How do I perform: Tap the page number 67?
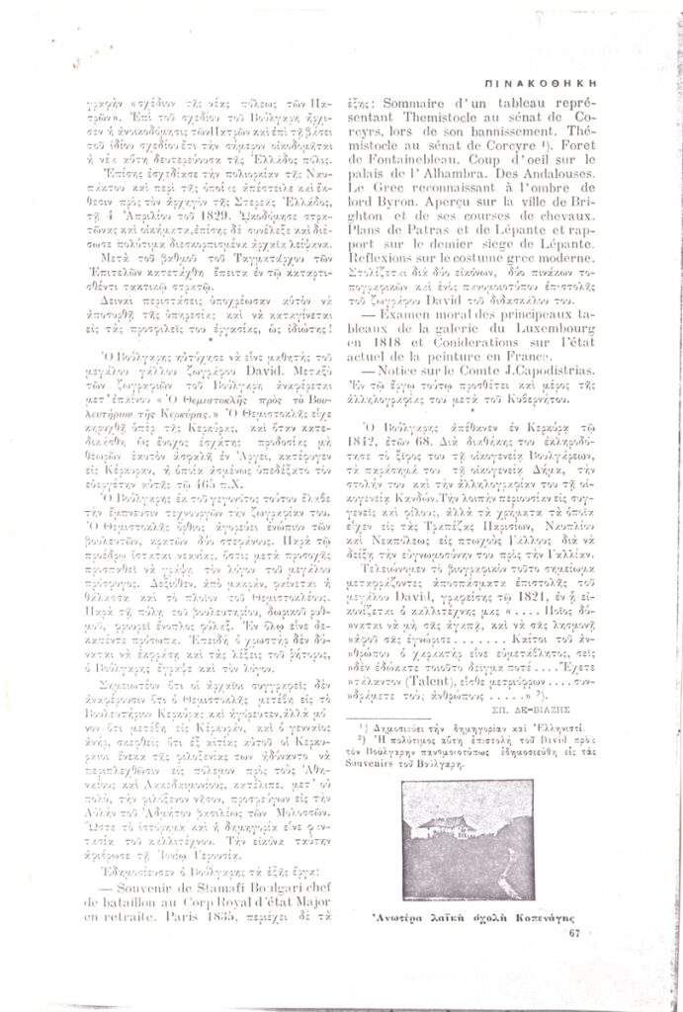(x=574, y=931)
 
